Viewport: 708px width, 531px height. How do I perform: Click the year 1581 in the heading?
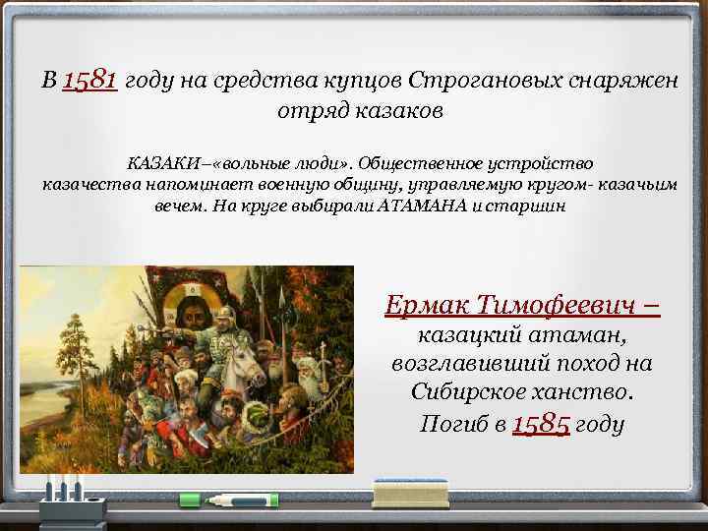coord(90,80)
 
